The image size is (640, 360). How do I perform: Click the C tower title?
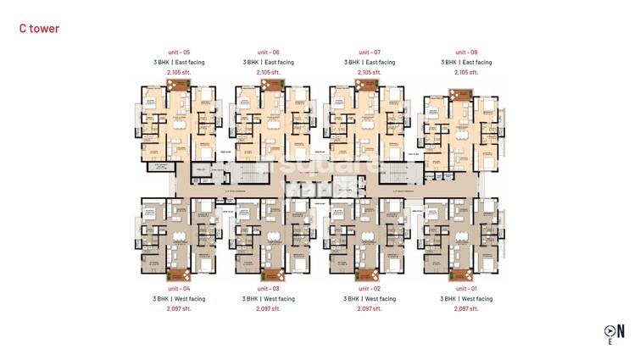[39, 29]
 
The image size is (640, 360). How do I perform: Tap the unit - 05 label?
[179, 53]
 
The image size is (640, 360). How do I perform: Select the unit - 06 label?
[268, 53]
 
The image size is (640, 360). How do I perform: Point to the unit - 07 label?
[369, 53]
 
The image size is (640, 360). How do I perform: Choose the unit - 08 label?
[466, 53]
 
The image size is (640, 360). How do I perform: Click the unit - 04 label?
[179, 289]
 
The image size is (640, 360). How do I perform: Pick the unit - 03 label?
[268, 289]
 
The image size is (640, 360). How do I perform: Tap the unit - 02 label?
[369, 289]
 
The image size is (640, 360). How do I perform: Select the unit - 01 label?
[466, 289]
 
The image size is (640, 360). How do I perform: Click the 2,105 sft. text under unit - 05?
[179, 72]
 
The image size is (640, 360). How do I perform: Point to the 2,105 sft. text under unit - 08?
[466, 72]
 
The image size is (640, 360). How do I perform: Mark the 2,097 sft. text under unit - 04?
[179, 308]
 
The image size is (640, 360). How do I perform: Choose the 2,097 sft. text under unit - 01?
[466, 308]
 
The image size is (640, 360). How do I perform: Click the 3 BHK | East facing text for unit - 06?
[268, 62]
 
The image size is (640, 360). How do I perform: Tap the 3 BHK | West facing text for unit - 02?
[369, 299]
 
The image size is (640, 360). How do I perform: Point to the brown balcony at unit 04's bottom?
[178, 274]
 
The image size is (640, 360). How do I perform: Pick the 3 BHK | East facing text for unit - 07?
[369, 62]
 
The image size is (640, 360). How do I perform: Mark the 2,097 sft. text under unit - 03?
[268, 308]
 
